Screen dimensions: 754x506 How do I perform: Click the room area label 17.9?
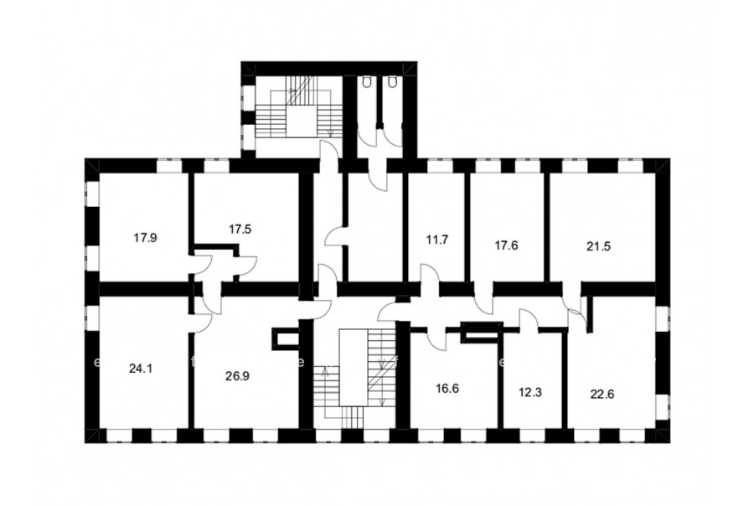[x=145, y=238]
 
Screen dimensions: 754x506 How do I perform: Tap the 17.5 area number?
[x=240, y=230]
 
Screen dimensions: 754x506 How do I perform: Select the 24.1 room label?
[x=141, y=369]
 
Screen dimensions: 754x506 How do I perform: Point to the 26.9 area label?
[x=237, y=376]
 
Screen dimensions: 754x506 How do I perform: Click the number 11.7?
[x=437, y=240]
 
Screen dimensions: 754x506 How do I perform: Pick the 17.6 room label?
[x=506, y=245]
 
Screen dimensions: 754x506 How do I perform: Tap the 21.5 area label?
[x=598, y=246]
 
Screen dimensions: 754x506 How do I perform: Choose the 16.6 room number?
[x=447, y=389]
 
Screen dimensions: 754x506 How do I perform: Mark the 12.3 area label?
[x=530, y=393]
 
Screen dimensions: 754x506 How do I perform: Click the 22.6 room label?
[x=602, y=395]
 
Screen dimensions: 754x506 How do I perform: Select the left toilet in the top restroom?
[x=368, y=83]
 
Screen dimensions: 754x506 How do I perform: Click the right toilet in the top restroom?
[x=392, y=83]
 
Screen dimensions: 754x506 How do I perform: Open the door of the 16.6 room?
[x=436, y=339]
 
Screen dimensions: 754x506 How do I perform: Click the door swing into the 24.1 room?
[x=203, y=323]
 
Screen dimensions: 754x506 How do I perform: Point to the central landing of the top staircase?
[x=301, y=121]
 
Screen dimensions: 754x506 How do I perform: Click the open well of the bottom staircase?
[x=354, y=368]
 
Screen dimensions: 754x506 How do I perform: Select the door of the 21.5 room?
[x=576, y=312]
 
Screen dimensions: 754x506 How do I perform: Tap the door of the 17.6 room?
[x=483, y=303]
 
